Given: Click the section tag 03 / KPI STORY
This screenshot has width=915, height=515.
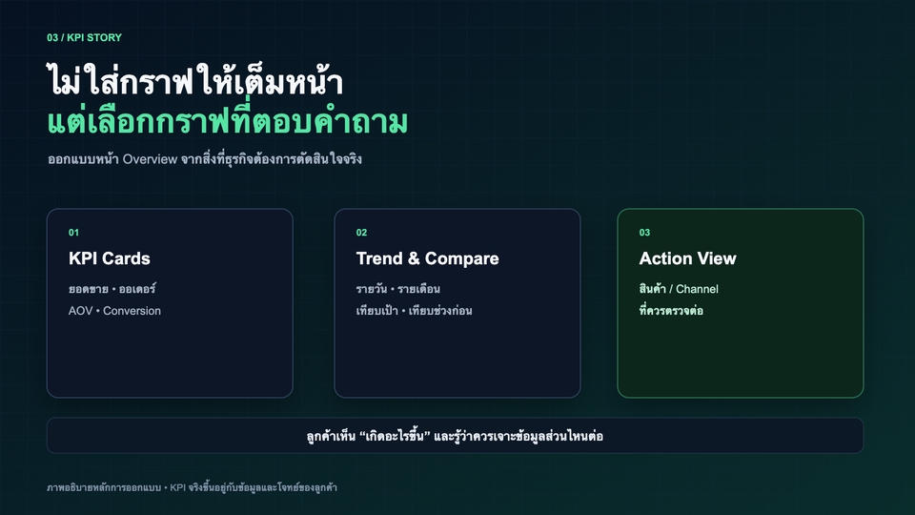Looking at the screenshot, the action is pyautogui.click(x=85, y=37).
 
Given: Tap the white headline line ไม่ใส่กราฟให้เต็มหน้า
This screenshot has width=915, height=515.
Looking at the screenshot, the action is pyautogui.click(x=194, y=81).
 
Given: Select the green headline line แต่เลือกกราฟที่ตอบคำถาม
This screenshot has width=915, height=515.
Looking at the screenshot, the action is pyautogui.click(x=228, y=121).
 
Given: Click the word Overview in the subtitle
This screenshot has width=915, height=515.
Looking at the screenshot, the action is pyautogui.click(x=150, y=159).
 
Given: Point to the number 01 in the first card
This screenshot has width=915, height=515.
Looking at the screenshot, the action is pyautogui.click(x=73, y=233).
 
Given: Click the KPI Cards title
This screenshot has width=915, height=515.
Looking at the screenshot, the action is pyautogui.click(x=109, y=258).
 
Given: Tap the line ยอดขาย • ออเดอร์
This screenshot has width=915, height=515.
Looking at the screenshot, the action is pyautogui.click(x=112, y=288).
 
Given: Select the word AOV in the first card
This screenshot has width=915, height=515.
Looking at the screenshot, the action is pyautogui.click(x=80, y=311).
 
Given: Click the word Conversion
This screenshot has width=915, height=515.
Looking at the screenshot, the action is pyautogui.click(x=132, y=311).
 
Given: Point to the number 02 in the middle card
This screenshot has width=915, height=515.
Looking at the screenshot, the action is pyautogui.click(x=362, y=233).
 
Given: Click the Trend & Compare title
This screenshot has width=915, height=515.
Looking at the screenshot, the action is pyautogui.click(x=428, y=258).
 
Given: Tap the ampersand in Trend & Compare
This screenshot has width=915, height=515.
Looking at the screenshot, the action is pyautogui.click(x=414, y=258).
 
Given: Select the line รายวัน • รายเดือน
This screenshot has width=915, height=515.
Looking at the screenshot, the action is pyautogui.click(x=398, y=288).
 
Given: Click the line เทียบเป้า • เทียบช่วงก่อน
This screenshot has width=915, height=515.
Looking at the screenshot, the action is pyautogui.click(x=414, y=311).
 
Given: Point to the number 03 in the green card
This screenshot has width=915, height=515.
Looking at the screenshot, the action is pyautogui.click(x=645, y=233).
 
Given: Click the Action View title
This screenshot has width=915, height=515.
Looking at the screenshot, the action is pyautogui.click(x=688, y=258).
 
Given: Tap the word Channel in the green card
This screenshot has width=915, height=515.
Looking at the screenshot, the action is pyautogui.click(x=698, y=289).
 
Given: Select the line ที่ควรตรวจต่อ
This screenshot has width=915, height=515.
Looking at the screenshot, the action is pyautogui.click(x=671, y=311).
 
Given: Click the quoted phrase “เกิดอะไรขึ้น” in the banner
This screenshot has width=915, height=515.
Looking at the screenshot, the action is pyautogui.click(x=395, y=436).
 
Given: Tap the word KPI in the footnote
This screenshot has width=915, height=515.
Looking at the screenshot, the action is pyautogui.click(x=177, y=487).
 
